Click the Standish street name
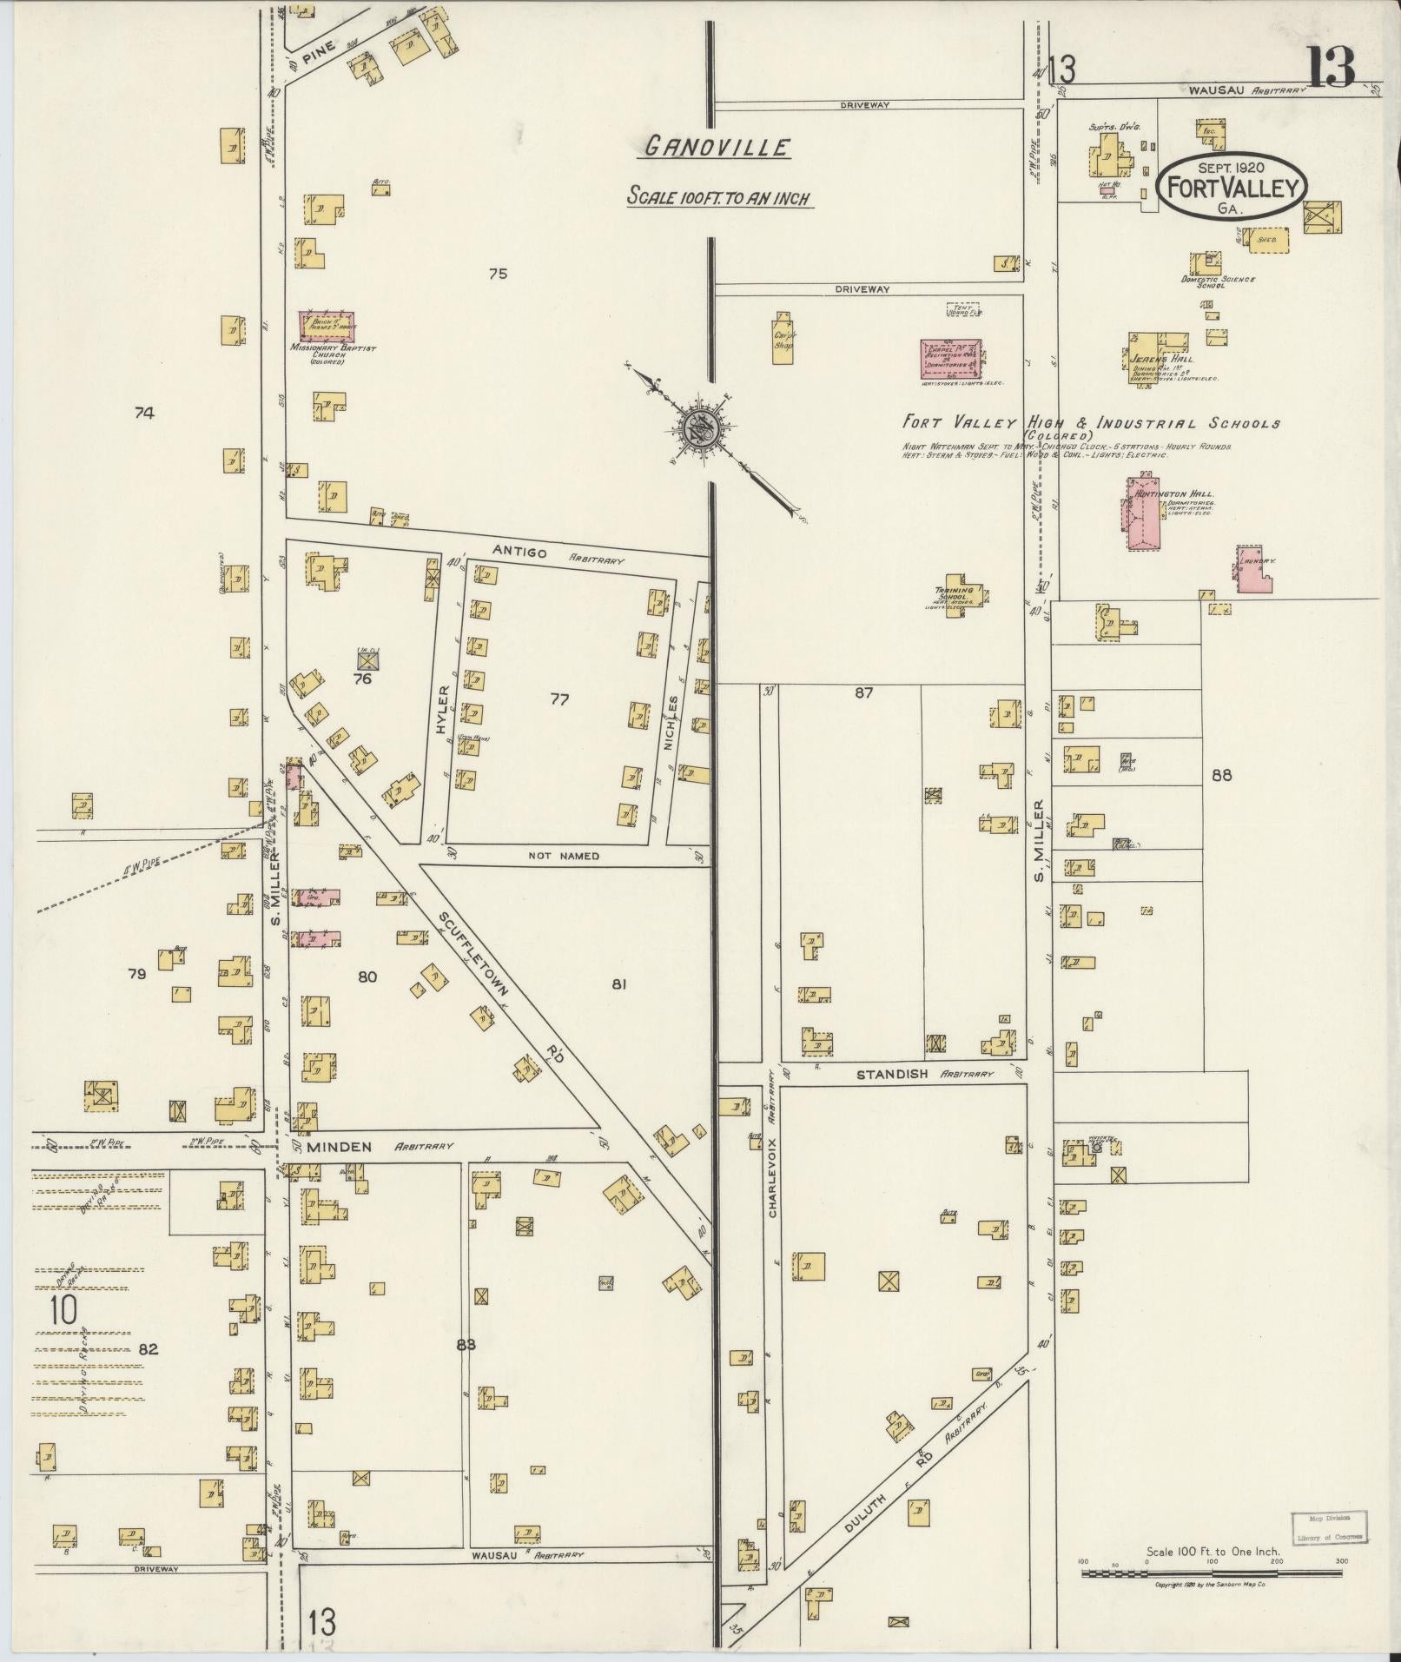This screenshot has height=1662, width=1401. (x=892, y=1074)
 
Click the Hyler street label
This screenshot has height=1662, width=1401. (x=442, y=711)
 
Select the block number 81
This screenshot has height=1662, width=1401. (x=618, y=984)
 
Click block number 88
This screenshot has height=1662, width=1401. (x=1221, y=775)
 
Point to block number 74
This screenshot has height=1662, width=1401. (x=144, y=414)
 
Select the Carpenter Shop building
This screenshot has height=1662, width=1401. (x=783, y=338)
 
